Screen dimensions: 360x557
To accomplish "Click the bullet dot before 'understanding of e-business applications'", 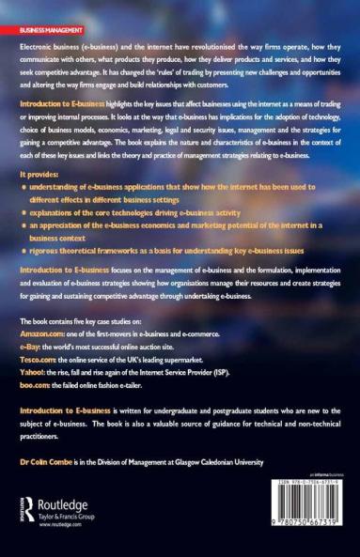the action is coord(23,188).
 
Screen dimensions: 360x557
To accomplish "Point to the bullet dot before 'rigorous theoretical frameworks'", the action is coord(23,251).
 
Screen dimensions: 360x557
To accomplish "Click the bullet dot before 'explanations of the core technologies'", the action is coord(23,213).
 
